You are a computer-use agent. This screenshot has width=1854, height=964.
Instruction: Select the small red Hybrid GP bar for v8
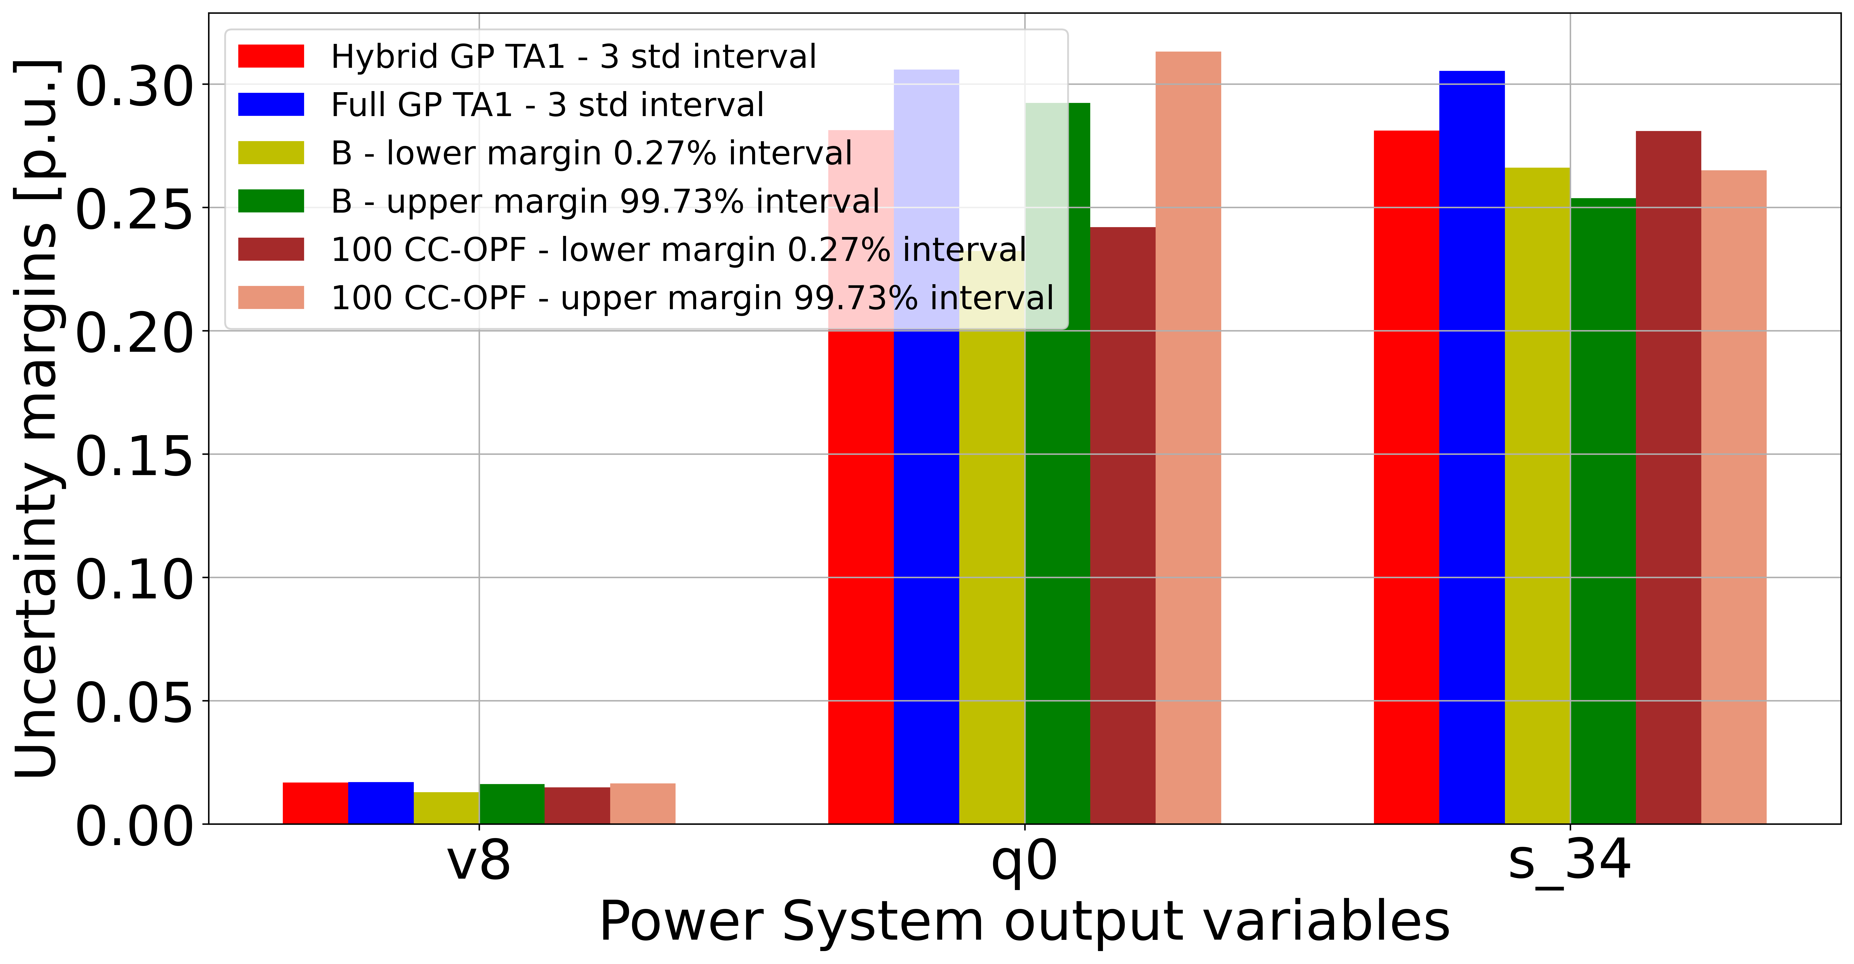(x=315, y=803)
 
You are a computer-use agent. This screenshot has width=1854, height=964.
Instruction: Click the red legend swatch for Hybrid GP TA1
(x=271, y=56)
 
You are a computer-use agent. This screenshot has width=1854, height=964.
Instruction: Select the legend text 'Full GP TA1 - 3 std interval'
(x=547, y=105)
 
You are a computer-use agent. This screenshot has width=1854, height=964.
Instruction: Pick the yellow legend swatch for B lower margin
(x=271, y=153)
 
